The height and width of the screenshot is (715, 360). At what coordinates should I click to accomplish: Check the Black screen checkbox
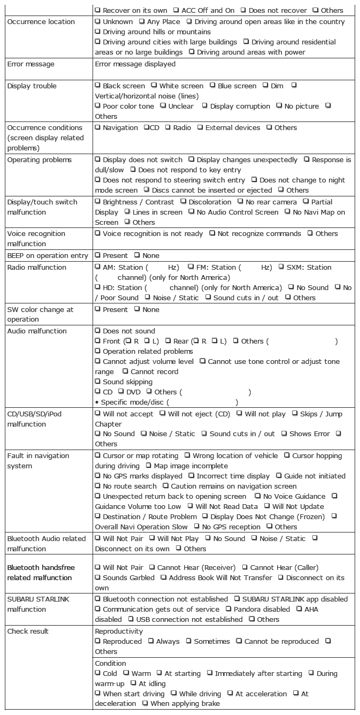tap(97, 86)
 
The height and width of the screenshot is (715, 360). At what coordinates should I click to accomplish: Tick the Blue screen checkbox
tap(212, 86)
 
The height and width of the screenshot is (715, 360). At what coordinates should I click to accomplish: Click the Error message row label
tap(30, 64)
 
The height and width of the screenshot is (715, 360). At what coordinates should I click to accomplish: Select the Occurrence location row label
tap(41, 22)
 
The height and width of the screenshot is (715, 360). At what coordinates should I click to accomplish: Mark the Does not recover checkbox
tap(243, 10)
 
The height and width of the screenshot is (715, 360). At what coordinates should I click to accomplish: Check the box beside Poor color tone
tap(97, 106)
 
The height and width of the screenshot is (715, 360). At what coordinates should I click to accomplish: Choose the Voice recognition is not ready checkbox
tap(97, 233)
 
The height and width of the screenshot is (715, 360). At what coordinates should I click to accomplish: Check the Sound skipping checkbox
tap(97, 382)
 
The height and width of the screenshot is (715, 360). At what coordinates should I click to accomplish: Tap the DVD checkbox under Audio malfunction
tap(120, 392)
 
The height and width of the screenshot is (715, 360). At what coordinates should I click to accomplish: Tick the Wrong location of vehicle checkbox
tap(187, 455)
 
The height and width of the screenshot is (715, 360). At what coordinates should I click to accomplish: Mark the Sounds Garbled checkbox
tap(97, 577)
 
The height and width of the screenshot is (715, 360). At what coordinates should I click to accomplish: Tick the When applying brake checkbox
tap(145, 704)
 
